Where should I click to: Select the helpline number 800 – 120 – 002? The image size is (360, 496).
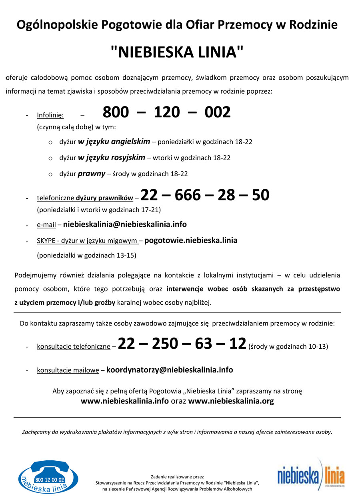pyautogui.click(x=167, y=112)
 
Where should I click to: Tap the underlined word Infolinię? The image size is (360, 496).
pyautogui.click(x=50, y=115)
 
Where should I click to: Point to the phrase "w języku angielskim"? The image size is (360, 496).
pyautogui.click(x=114, y=142)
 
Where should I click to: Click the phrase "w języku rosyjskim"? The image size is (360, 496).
pyautogui.click(x=112, y=158)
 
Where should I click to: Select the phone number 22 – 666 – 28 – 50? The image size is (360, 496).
pyautogui.click(x=205, y=195)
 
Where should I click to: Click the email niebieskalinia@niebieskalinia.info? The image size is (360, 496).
pyautogui.click(x=125, y=225)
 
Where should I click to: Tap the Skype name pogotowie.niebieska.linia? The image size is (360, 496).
pyautogui.click(x=191, y=241)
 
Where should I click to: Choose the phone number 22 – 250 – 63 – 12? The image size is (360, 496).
pyautogui.click(x=182, y=344)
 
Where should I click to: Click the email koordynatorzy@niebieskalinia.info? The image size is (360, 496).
pyautogui.click(x=170, y=370)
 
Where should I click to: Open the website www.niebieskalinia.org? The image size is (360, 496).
pyautogui.click(x=231, y=401)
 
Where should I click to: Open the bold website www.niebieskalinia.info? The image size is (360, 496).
pyautogui.click(x=124, y=401)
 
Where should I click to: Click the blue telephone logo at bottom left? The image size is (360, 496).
pyautogui.click(x=48, y=476)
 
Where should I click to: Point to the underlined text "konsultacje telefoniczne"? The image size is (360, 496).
pyautogui.click(x=73, y=347)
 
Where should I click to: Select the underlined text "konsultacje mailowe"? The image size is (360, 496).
pyautogui.click(x=68, y=371)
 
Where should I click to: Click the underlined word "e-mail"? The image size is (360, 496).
pyautogui.click(x=46, y=225)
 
